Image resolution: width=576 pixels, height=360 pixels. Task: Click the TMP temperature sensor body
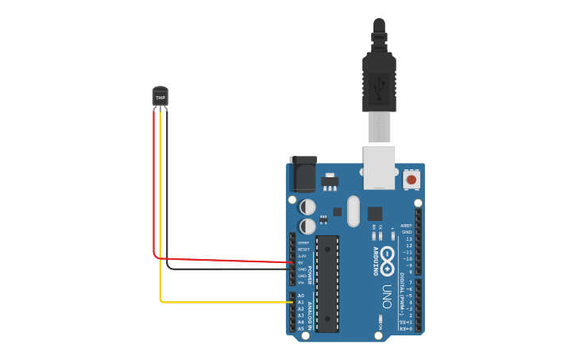[x=160, y=96]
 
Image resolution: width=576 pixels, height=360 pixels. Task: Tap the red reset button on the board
[x=411, y=180]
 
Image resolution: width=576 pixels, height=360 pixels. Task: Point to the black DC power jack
[x=303, y=174]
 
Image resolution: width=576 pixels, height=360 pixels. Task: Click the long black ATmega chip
[x=327, y=283]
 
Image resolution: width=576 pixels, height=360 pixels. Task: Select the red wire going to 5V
[x=222, y=260]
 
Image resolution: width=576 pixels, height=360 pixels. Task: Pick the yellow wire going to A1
[x=222, y=302]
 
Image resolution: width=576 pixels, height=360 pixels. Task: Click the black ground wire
[x=222, y=269]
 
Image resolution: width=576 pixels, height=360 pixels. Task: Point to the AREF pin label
[x=406, y=225]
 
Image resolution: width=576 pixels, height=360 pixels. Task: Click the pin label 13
[x=408, y=238]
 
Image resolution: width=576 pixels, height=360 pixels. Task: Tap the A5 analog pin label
[x=300, y=328]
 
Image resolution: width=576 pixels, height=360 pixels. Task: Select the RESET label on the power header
[x=303, y=249]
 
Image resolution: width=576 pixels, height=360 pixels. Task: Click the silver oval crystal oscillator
[x=354, y=211]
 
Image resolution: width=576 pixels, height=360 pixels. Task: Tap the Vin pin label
[x=301, y=282]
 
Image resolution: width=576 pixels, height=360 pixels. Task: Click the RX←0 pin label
[x=405, y=328]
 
